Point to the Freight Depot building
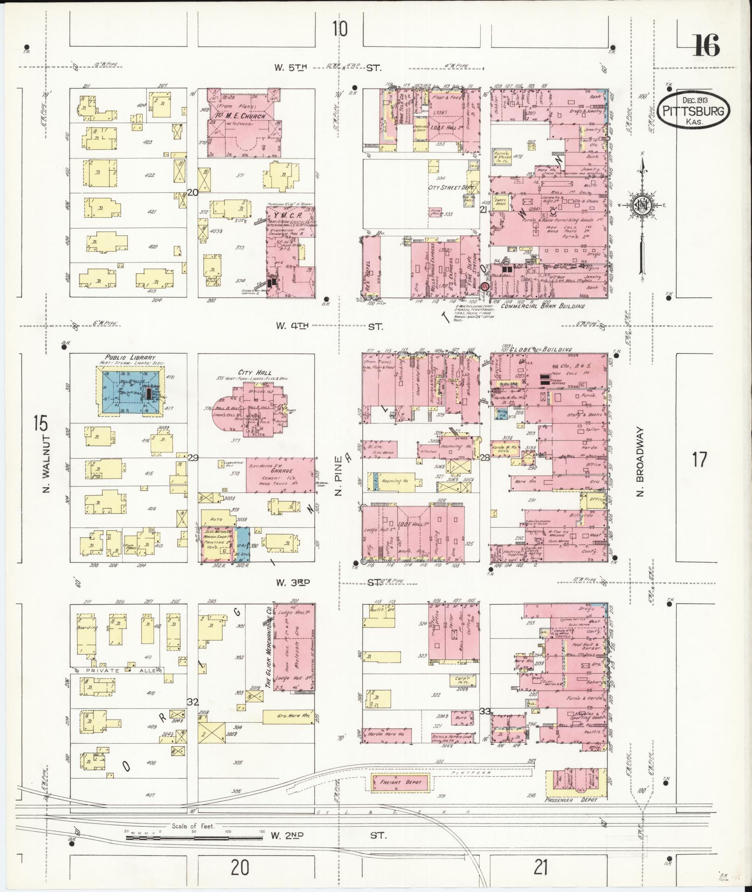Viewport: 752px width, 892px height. (400, 456)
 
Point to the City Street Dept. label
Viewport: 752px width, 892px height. (451, 187)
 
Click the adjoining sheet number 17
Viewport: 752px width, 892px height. (699, 460)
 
